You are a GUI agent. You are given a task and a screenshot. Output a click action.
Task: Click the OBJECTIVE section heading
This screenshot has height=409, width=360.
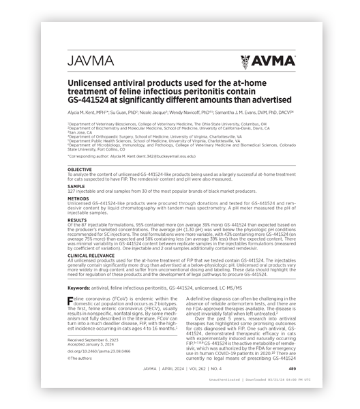(80, 169)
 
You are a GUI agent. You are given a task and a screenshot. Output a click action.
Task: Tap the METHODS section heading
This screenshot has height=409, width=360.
(78, 199)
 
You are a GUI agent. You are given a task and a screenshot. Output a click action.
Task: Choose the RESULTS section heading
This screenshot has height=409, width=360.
(78, 220)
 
